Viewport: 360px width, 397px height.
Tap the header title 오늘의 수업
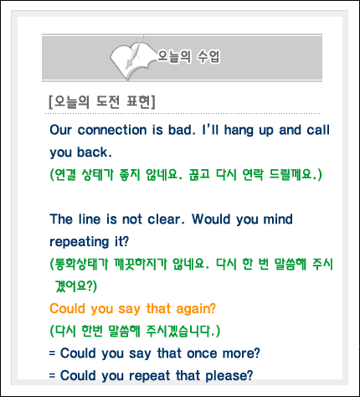coord(189,56)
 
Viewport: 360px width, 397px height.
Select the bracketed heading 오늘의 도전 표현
coord(102,102)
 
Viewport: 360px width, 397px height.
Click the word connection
coord(112,130)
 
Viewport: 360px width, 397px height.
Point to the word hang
coord(239,131)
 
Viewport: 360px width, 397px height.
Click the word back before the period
coord(92,152)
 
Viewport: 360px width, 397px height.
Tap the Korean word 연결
coord(65,175)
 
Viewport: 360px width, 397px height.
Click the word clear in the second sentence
coord(166,219)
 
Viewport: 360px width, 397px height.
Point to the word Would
coord(211,219)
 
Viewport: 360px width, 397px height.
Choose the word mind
coord(278,219)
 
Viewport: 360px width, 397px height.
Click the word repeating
coord(80,242)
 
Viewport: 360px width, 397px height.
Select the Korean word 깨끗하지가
coord(141,264)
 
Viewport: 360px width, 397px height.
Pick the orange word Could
coord(67,309)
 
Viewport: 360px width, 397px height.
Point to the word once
coord(202,353)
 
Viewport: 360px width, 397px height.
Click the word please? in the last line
coord(229,376)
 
